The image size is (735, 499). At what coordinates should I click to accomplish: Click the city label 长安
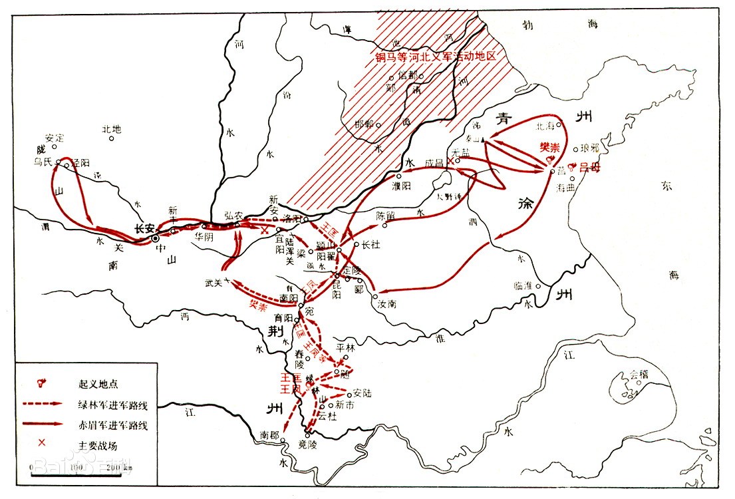pyautogui.click(x=144, y=228)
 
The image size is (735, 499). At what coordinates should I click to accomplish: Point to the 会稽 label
pyautogui.click(x=639, y=375)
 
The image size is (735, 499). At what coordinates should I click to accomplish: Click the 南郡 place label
pyautogui.click(x=269, y=434)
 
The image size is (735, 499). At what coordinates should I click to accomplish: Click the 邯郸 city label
pyautogui.click(x=365, y=124)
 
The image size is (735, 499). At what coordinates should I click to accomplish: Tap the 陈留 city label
pyautogui.click(x=386, y=215)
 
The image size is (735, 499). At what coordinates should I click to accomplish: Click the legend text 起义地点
pyautogui.click(x=98, y=384)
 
